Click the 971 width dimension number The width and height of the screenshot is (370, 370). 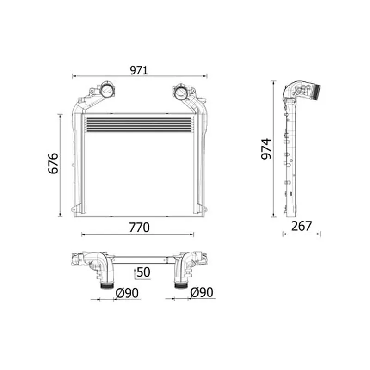coord(139,70)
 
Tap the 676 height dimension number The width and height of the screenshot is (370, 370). coord(53,163)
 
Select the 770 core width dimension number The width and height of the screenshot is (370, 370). coord(139,227)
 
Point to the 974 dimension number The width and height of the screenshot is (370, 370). coord(266,149)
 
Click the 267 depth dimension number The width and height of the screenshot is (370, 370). coord(302,226)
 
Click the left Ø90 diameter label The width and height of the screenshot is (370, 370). coord(127,293)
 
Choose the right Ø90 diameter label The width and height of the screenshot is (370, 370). coord(202,292)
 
